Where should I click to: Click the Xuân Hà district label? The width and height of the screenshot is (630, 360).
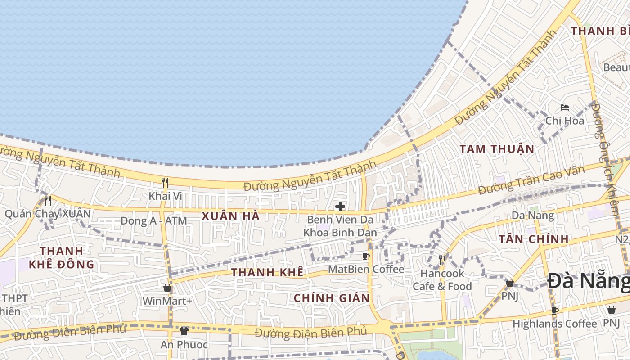[x=230, y=216]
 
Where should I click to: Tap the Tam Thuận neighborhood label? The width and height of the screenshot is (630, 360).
[x=497, y=149]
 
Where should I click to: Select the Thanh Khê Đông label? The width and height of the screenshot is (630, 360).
[x=62, y=257]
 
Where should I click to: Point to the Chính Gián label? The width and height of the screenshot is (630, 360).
[x=332, y=298]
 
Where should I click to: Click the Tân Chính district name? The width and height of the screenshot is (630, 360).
[x=534, y=239]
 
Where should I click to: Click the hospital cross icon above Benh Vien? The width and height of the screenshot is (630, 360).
[x=340, y=207]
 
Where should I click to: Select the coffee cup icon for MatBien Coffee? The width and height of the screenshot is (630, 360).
[x=366, y=256]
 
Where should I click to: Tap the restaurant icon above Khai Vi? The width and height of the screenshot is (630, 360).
[x=165, y=182]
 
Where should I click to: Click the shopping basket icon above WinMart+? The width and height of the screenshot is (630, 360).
[x=167, y=288]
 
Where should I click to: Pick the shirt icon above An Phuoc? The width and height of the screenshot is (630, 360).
[x=184, y=331]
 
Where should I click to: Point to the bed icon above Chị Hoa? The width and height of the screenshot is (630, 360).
[x=565, y=108]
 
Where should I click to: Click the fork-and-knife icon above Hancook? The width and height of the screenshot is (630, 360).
[x=442, y=260]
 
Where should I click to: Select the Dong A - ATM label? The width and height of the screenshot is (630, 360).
[x=153, y=221]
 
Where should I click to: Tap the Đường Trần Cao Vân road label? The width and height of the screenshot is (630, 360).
[x=531, y=180]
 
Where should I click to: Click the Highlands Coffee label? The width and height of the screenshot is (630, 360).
[x=554, y=324]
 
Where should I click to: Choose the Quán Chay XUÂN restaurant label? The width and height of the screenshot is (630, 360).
[x=48, y=214]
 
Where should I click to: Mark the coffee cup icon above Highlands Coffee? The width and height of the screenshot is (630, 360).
[x=554, y=310]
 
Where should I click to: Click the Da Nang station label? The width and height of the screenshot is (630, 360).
[x=533, y=216]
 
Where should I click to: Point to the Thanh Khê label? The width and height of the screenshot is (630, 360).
[x=267, y=272]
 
